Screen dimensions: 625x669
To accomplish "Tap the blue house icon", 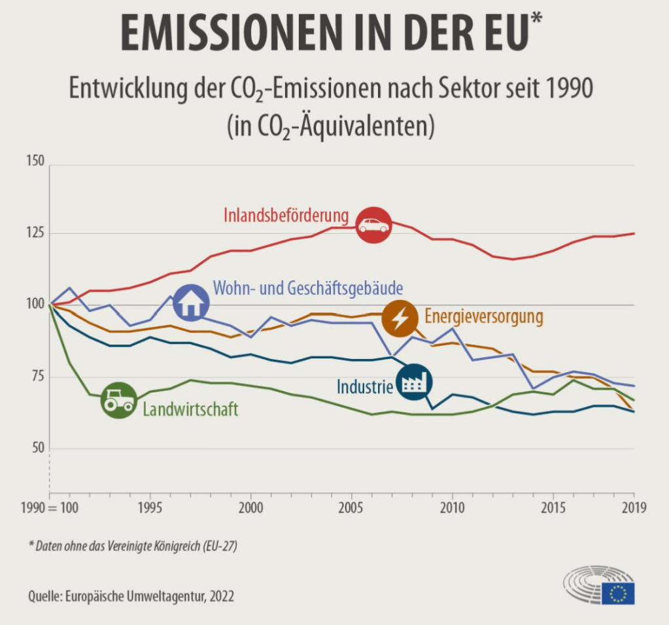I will (x=190, y=303).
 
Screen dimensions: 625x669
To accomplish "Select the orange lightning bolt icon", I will (x=400, y=318).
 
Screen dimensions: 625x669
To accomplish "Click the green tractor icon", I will (x=118, y=400).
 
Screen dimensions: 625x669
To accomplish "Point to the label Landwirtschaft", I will (x=190, y=410).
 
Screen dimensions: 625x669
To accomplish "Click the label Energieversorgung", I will (x=484, y=317).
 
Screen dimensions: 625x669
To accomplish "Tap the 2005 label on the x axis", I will (x=351, y=508).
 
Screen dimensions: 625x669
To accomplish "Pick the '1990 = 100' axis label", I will (x=50, y=508).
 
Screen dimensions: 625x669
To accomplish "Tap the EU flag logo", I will (x=617, y=593).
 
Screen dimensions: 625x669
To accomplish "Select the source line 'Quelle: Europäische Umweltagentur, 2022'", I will (x=131, y=596).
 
